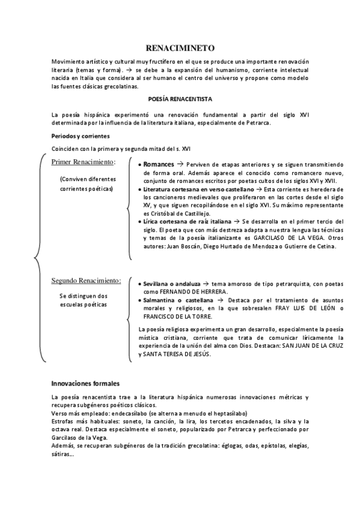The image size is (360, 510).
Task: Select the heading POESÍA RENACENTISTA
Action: click(180, 98)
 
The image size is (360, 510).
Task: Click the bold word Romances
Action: click(158, 164)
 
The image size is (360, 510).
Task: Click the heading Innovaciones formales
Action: click(85, 383)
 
